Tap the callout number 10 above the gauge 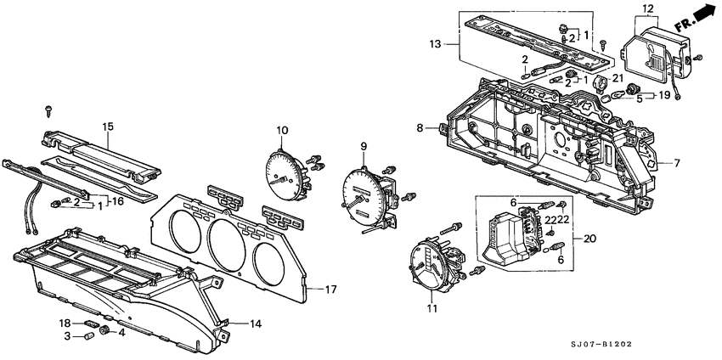coord(282,129)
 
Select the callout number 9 coord(363,146)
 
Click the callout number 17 coord(331,290)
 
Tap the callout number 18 coord(63,323)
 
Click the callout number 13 coord(460,43)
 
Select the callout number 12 coord(648,9)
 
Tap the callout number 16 coord(118,200)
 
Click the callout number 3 coord(68,336)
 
